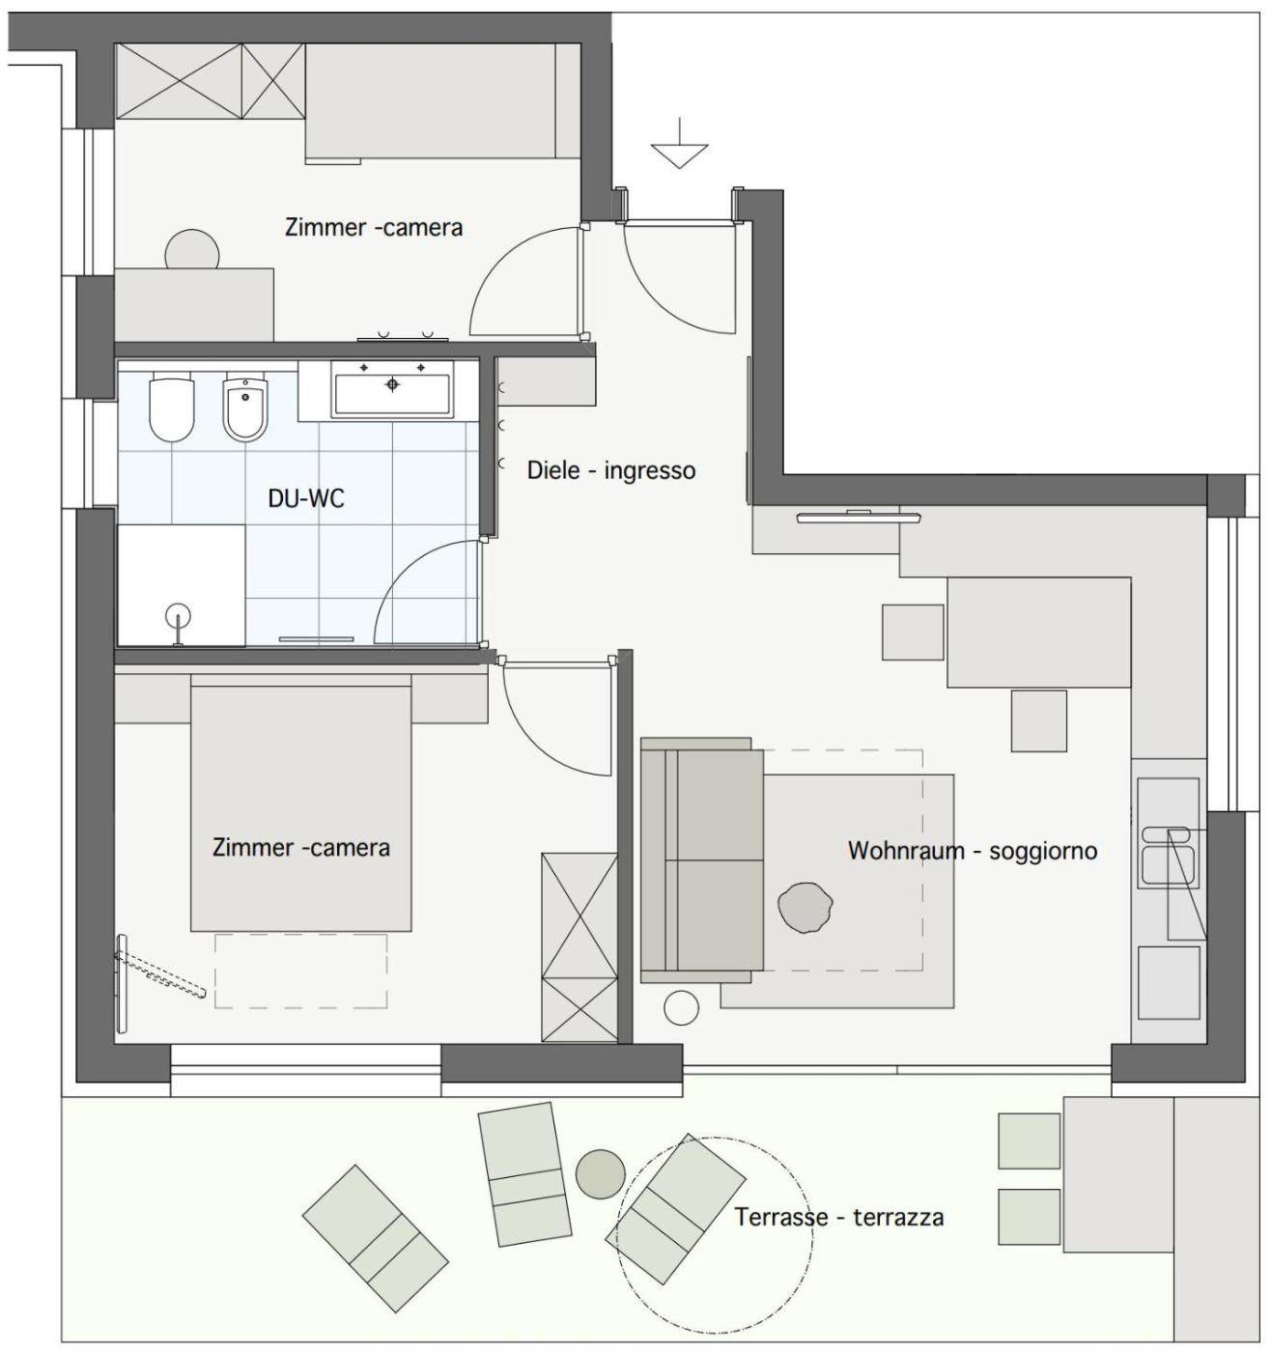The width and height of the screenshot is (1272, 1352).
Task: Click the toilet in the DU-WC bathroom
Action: [x=172, y=408]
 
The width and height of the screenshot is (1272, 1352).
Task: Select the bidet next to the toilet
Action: [x=245, y=408]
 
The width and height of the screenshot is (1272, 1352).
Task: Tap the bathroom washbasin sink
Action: [x=391, y=389]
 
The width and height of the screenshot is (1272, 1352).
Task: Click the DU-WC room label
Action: [x=306, y=498]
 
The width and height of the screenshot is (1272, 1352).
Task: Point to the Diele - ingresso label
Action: [x=610, y=469]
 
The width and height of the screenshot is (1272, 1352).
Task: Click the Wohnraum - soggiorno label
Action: [x=973, y=850]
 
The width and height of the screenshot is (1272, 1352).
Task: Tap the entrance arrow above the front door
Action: [x=679, y=144]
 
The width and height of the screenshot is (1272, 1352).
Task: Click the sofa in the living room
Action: [x=701, y=860]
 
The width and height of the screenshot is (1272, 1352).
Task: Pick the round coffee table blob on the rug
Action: [x=805, y=908]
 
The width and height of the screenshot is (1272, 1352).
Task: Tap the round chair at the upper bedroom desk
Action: [x=192, y=250]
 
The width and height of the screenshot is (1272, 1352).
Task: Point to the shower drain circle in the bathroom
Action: [x=179, y=616]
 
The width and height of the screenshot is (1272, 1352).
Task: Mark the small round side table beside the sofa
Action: [x=681, y=1007]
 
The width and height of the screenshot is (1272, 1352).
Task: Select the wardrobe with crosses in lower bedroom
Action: [x=579, y=947]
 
